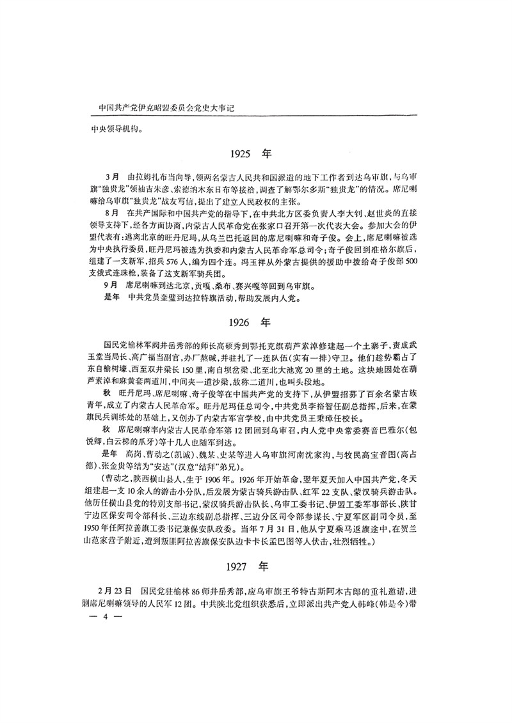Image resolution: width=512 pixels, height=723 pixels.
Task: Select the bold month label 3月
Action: click(111, 175)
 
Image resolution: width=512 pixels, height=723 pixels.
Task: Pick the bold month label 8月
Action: click(111, 210)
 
